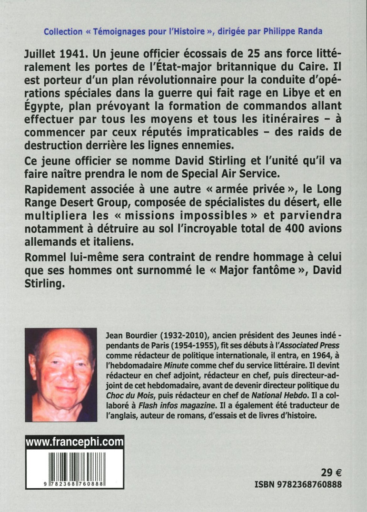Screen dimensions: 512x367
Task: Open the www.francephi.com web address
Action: coord(75,443)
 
